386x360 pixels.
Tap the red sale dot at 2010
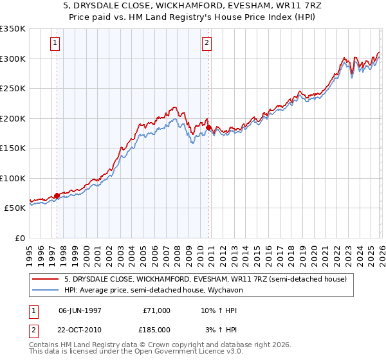coord(209,128)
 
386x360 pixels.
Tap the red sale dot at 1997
coord(57,195)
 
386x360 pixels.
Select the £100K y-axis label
coord(13,178)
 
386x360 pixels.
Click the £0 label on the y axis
coord(19,238)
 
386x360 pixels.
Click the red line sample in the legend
coord(46,279)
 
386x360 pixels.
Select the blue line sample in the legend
coord(46,290)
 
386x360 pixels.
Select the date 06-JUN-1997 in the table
coord(80,310)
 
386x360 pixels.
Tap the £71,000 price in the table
coord(156,310)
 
